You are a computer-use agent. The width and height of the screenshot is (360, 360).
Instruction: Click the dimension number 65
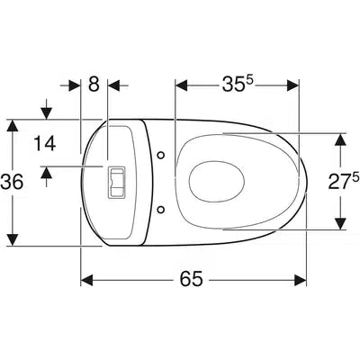(x=190, y=280)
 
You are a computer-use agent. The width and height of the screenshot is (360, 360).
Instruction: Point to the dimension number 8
(x=94, y=85)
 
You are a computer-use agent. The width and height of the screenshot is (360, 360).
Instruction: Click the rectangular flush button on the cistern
(x=115, y=183)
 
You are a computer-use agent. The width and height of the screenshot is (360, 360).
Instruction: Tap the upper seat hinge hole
(x=160, y=156)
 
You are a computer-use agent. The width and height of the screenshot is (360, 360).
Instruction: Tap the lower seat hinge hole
(x=160, y=210)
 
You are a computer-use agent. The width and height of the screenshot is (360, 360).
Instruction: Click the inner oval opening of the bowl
(x=215, y=182)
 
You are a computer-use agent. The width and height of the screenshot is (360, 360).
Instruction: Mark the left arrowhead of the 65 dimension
(x=87, y=280)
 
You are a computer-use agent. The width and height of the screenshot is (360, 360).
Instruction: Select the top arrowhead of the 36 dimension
(x=11, y=127)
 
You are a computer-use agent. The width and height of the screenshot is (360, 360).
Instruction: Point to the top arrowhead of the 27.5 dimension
(x=340, y=140)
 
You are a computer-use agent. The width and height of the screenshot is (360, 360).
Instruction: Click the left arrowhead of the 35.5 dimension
(x=181, y=85)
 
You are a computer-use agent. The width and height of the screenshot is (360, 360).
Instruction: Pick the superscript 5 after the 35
(x=251, y=78)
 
